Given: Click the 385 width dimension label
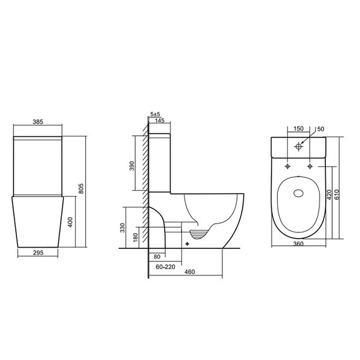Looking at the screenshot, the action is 38,122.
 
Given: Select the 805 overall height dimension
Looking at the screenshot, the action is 81,188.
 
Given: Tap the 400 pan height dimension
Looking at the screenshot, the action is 70,222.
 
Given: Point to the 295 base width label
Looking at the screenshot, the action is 38,253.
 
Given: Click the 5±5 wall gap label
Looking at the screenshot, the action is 155,114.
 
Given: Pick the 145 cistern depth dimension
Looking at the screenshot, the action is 160,120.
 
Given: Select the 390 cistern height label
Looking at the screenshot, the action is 131,165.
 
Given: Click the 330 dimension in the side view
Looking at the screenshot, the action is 123,227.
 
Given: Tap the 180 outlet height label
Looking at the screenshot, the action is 135,237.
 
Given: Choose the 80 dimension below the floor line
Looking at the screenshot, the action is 157,256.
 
